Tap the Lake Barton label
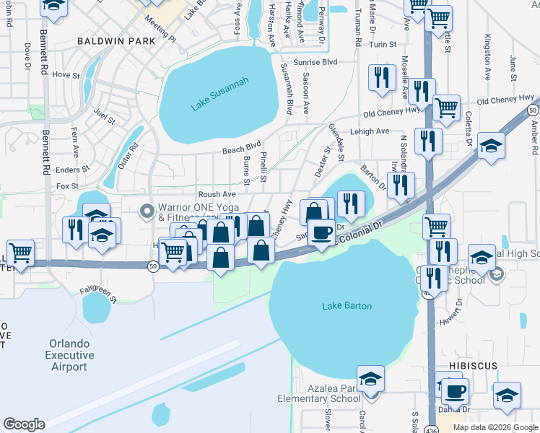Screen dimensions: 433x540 347,306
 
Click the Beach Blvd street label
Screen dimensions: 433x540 241,148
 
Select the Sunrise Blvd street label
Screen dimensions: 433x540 320,62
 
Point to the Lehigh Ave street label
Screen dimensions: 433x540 372,131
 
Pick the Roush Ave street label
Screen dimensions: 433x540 217,194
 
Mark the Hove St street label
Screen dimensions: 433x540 65,74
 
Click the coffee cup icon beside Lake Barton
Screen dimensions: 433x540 321,232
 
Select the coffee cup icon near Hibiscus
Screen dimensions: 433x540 454,391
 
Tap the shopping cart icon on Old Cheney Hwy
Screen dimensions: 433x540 447,108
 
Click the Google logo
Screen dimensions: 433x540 24,424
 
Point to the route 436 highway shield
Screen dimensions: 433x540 427,294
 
